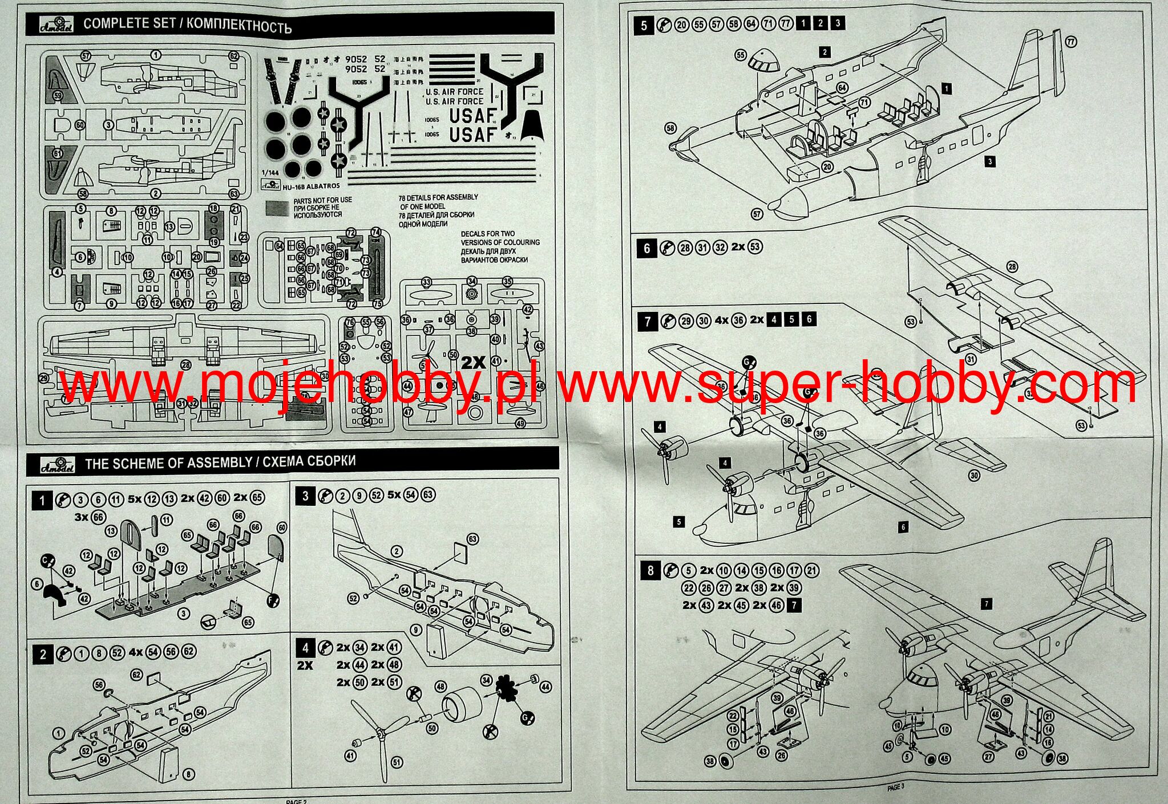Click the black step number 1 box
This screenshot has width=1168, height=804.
tap(42, 501)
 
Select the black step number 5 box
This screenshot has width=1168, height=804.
tap(644, 26)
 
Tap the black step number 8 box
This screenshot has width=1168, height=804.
tap(650, 571)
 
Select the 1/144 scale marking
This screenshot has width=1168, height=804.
tap(270, 173)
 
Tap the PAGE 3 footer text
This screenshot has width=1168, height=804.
tap(896, 787)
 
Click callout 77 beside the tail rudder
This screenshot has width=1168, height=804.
tap(1071, 42)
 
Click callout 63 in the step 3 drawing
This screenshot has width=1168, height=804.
tap(472, 539)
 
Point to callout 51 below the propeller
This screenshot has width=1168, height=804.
tap(395, 762)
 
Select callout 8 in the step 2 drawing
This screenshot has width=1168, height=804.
tap(188, 774)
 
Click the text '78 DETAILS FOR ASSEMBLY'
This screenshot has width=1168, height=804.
tap(438, 197)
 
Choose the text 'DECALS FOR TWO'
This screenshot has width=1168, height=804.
tap(488, 234)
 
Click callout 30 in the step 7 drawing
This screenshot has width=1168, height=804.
tap(974, 476)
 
